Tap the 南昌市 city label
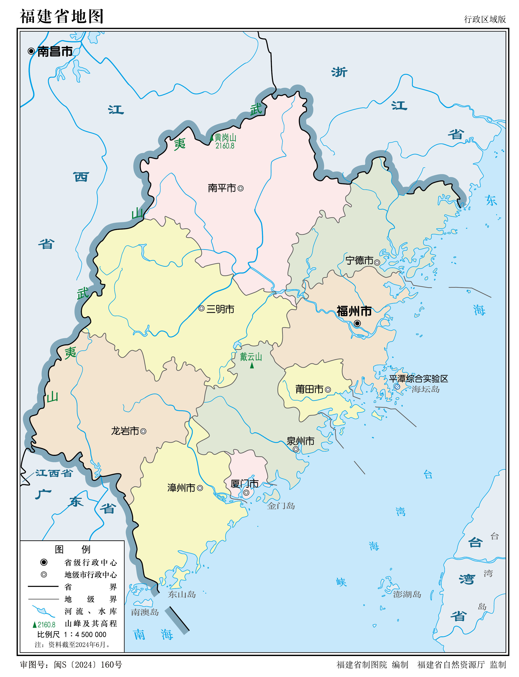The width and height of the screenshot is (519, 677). coord(55,52)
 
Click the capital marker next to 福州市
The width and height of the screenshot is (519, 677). coord(357,323)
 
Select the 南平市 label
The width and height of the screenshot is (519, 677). coord(222,188)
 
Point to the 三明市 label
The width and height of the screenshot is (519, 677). coord(220,309)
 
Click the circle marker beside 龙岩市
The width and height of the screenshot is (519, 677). coord(143,431)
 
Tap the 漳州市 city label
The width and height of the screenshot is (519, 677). coord(181,488)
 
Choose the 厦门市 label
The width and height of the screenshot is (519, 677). coord(244,484)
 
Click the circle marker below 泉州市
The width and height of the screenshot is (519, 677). coord(296,449)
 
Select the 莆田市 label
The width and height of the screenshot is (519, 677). coord(309,389)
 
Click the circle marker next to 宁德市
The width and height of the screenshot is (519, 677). coord(377,262)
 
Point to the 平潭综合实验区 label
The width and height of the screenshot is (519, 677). coord(418,378)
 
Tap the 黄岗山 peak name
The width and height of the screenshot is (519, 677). coord(225,137)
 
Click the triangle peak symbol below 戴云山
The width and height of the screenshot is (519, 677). coord(252,366)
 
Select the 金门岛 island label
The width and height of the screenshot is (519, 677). coord(281,506)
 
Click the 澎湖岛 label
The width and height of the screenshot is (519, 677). coord(407,594)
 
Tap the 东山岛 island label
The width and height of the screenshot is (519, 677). coord(182,594)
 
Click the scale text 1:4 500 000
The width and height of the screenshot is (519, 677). coord(85,634)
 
